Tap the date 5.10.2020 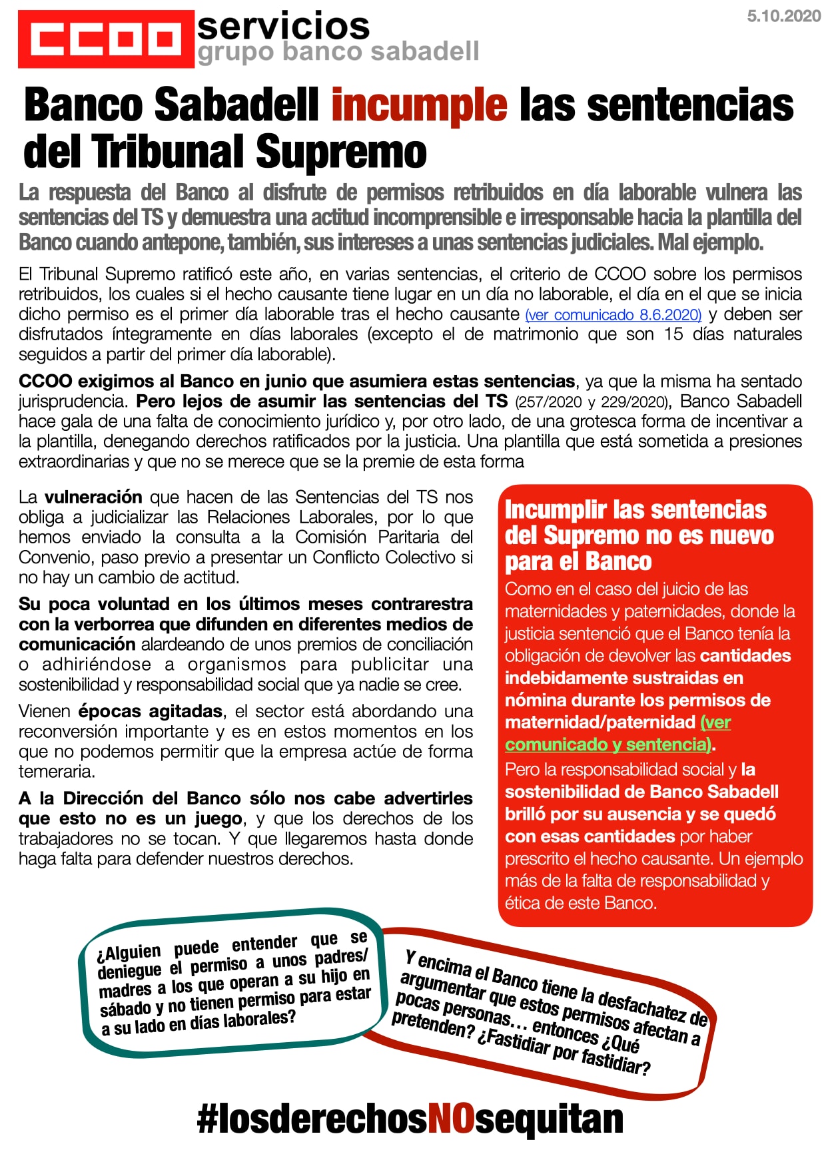pyautogui.click(x=783, y=17)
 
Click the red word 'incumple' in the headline pyautogui.click(x=419, y=105)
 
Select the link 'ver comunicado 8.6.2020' pyautogui.click(x=614, y=315)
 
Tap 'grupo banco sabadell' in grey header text pyautogui.click(x=338, y=52)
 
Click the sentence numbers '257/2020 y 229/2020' pyautogui.click(x=592, y=402)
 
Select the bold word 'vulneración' pyautogui.click(x=93, y=497)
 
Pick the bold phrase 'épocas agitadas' pyautogui.click(x=150, y=711)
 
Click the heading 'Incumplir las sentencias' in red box pyautogui.click(x=635, y=509)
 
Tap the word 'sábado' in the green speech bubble pyautogui.click(x=125, y=1009)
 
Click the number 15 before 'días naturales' pyautogui.click(x=673, y=334)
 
